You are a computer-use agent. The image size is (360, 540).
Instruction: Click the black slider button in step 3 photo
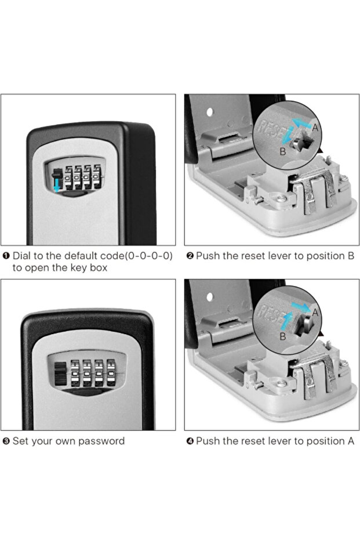(60, 372)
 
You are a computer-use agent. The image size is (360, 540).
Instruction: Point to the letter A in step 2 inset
(315, 126)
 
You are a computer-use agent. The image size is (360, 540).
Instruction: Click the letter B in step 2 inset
(282, 152)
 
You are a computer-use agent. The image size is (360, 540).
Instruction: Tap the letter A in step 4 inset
(315, 311)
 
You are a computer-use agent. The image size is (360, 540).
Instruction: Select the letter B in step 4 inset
(282, 336)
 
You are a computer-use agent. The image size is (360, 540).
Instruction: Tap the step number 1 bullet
(6, 256)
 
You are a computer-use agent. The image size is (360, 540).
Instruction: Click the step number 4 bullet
(190, 441)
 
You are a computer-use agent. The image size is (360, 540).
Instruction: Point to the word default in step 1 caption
(82, 256)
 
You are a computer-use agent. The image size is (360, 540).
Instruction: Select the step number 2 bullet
(190, 256)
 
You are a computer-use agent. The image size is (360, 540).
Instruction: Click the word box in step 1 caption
(96, 268)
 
